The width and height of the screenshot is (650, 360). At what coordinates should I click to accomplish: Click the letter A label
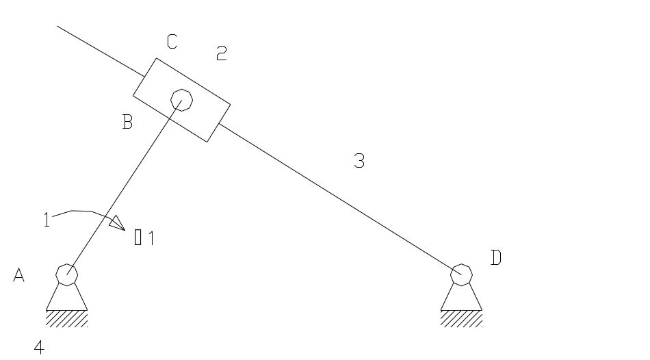click(x=19, y=275)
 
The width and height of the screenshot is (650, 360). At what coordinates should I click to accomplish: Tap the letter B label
click(x=128, y=123)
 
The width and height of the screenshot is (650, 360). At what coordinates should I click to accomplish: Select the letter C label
click(x=172, y=42)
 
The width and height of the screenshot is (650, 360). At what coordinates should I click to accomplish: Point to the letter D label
click(x=497, y=258)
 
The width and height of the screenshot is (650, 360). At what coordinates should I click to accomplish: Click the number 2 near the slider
click(x=221, y=53)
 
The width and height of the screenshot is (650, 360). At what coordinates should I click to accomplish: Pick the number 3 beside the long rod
click(x=359, y=162)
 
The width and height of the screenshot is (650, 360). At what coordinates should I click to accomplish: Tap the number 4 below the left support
click(x=40, y=348)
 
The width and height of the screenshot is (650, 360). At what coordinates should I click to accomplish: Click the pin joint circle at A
click(x=67, y=274)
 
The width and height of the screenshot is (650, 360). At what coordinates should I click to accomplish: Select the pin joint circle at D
click(x=462, y=274)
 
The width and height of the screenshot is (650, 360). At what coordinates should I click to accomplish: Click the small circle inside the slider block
click(x=181, y=100)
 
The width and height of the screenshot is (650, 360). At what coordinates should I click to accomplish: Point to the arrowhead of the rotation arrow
click(x=116, y=222)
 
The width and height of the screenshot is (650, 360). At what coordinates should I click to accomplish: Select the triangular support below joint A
click(x=67, y=298)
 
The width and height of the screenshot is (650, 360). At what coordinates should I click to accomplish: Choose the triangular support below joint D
click(x=462, y=298)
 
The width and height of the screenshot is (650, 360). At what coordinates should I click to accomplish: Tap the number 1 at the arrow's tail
click(x=46, y=220)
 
